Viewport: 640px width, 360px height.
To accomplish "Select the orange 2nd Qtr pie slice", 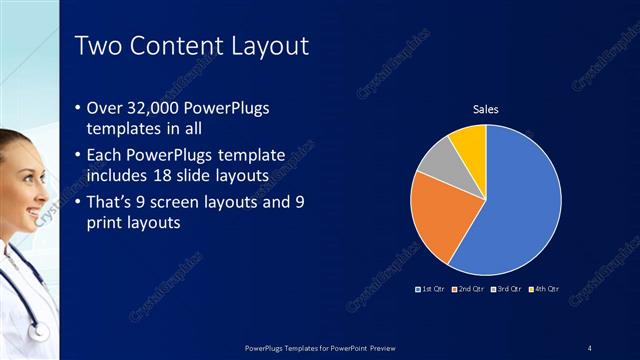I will pos(440,215).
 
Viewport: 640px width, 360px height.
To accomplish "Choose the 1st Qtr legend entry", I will pos(433,289).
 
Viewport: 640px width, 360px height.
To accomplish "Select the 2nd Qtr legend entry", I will pos(471,289).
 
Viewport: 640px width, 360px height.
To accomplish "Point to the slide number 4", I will pos(589,347).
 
